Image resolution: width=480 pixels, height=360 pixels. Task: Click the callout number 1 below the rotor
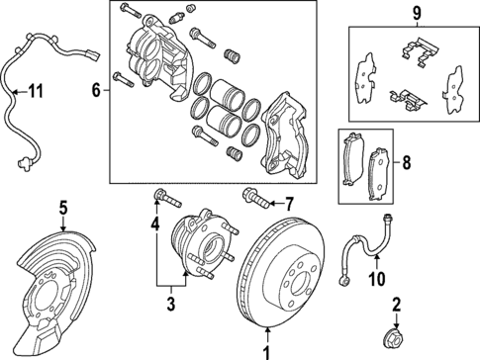[264, 349]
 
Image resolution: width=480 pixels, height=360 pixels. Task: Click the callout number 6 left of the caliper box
[96, 90]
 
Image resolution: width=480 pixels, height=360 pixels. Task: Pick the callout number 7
[289, 205]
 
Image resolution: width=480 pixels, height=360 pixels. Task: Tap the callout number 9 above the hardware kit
[417, 14]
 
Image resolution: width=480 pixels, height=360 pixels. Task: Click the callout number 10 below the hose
[376, 280]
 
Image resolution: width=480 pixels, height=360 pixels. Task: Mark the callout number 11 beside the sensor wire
[36, 92]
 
